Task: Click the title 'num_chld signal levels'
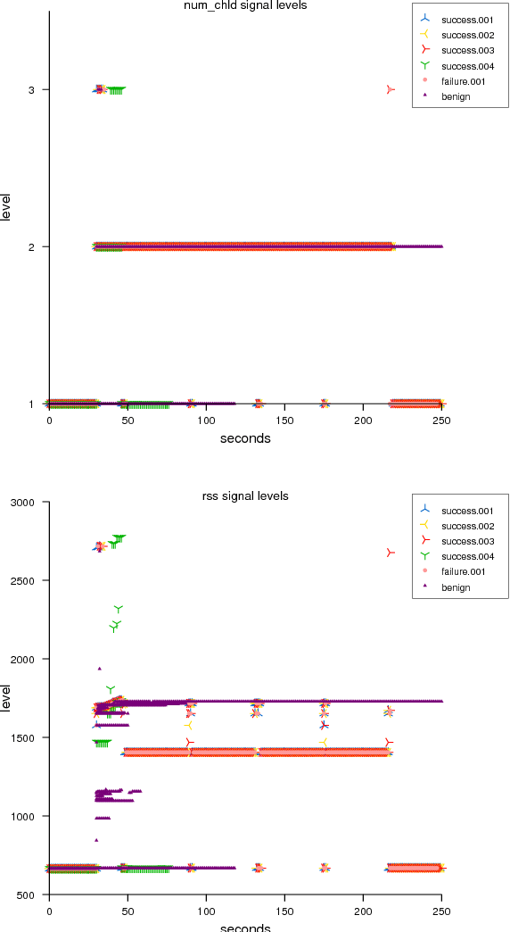point(244,5)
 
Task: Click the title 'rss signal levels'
point(244,496)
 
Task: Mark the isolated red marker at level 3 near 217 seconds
point(391,89)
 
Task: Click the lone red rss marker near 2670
point(391,553)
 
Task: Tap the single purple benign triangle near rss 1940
point(99,668)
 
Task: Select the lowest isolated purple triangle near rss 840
point(96,840)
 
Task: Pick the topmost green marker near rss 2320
point(119,609)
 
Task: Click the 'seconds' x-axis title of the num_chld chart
point(244,438)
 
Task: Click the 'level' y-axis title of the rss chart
point(7,698)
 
